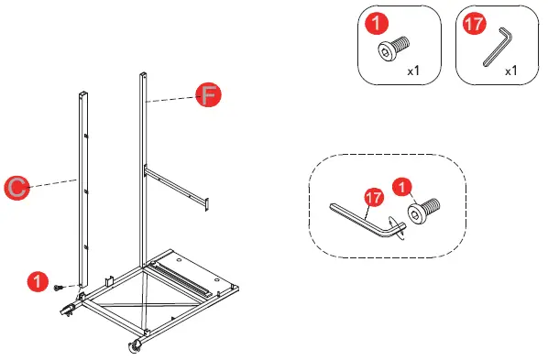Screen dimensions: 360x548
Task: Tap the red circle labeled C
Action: (x=16, y=187)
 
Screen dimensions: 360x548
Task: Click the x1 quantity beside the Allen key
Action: (x=510, y=71)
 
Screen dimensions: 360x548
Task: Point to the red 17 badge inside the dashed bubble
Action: (x=373, y=197)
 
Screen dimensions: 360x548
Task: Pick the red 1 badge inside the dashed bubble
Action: (x=400, y=188)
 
